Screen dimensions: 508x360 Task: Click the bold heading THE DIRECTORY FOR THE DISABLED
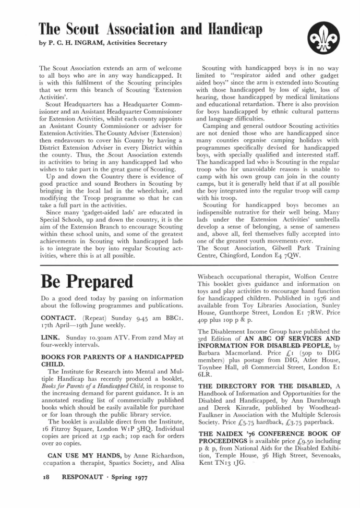coord(265,386)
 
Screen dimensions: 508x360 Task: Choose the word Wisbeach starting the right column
coord(214,277)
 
